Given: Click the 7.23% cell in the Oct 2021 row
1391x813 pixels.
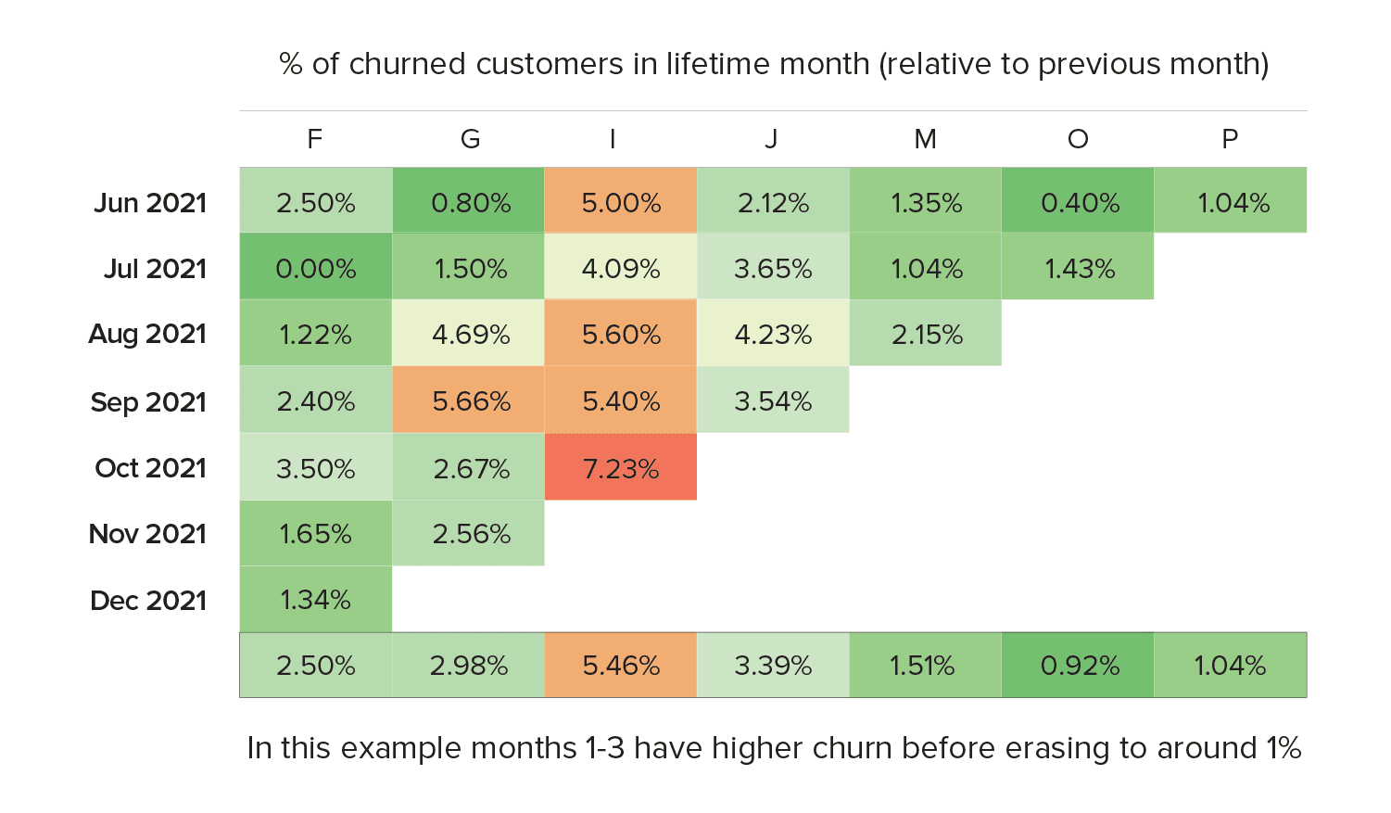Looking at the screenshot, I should click(x=621, y=468).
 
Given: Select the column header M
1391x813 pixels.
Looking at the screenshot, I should click(x=925, y=139).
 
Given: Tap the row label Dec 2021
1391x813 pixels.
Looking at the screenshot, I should click(x=148, y=601).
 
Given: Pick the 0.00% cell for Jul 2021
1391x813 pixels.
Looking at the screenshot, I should click(x=316, y=269).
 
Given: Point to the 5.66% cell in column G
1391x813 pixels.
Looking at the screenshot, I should click(x=471, y=401).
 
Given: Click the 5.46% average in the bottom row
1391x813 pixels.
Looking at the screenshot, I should click(x=621, y=666).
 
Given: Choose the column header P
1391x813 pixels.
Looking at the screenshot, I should click(x=1230, y=139).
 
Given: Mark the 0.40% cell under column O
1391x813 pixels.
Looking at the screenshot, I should click(x=1080, y=203).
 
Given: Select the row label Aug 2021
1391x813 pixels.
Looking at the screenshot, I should click(x=147, y=335).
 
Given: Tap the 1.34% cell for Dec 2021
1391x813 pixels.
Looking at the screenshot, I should click(x=316, y=600).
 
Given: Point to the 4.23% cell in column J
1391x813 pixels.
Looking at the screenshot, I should click(x=773, y=335).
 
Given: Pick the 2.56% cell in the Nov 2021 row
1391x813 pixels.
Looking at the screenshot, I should click(x=471, y=534).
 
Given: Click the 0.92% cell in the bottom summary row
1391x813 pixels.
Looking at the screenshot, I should click(x=1080, y=666).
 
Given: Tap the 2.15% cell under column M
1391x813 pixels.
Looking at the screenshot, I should click(x=927, y=335).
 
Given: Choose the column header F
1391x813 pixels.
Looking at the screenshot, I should click(x=315, y=139).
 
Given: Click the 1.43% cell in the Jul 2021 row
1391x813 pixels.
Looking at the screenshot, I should click(x=1080, y=269).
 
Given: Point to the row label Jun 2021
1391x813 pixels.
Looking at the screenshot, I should click(x=150, y=203).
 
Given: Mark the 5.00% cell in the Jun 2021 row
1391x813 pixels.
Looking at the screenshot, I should click(x=621, y=203).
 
